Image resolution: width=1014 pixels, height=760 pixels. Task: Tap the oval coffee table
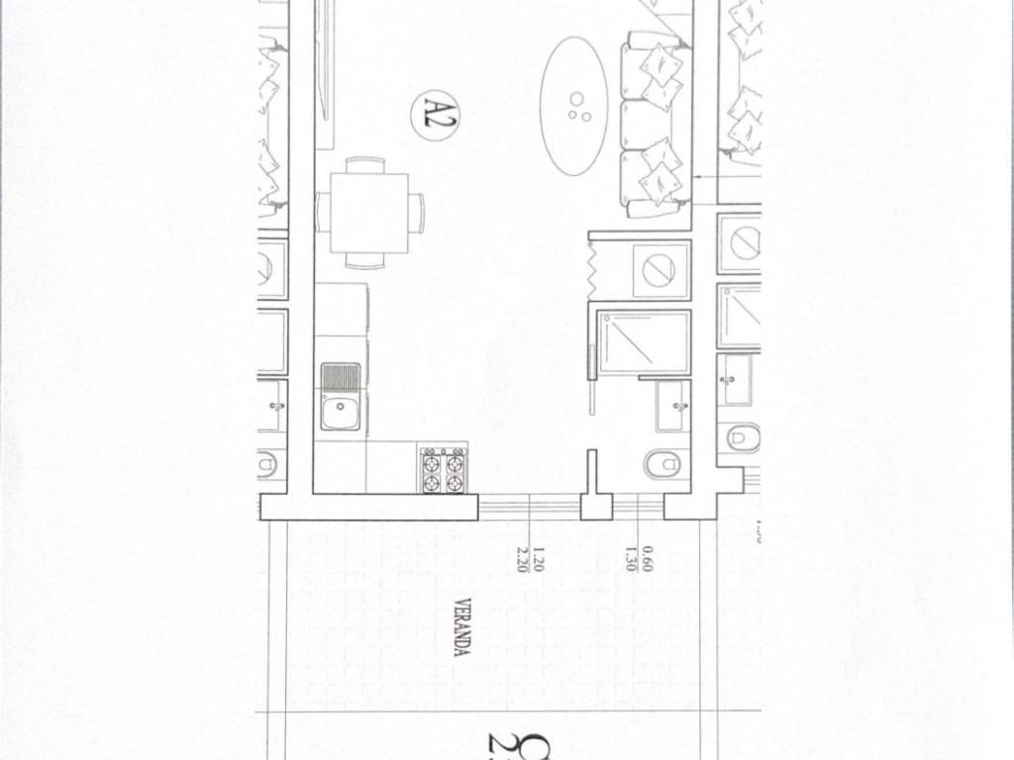(x=574, y=106)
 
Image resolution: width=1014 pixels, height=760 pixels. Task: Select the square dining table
(x=368, y=212)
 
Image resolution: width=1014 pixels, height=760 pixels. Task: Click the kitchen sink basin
(x=341, y=411)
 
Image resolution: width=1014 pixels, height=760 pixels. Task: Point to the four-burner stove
(x=443, y=470)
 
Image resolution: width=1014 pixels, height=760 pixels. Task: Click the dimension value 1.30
(x=630, y=560)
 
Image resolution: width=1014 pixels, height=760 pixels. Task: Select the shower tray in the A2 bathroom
(x=644, y=342)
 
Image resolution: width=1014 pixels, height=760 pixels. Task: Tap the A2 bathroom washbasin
(x=673, y=406)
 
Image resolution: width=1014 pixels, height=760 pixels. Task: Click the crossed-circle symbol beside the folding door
(x=659, y=269)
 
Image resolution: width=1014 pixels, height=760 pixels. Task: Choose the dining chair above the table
(x=365, y=163)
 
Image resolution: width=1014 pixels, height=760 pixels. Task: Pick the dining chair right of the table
(x=417, y=212)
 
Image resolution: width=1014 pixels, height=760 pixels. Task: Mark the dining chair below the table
(x=365, y=261)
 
